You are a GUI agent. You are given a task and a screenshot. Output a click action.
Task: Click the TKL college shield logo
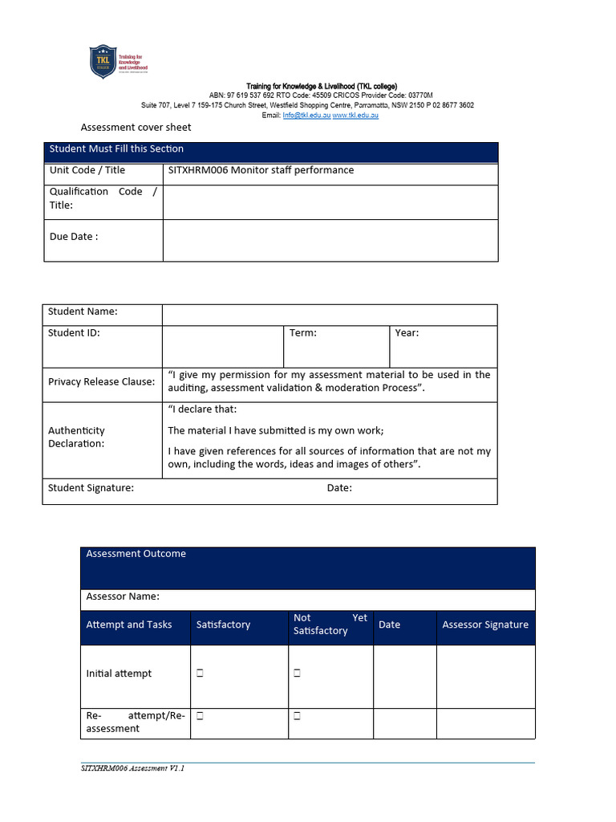(x=102, y=62)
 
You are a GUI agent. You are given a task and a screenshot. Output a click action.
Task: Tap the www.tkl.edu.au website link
(x=355, y=116)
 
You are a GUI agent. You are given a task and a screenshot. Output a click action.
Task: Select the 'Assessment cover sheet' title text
(x=136, y=128)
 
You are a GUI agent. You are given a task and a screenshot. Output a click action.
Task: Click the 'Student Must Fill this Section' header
(x=116, y=149)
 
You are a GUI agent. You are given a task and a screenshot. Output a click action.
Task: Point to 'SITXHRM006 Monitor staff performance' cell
(x=261, y=170)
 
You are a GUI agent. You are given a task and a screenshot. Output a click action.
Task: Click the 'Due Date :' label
(x=74, y=237)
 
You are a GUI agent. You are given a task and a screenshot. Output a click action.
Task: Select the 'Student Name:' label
(x=83, y=311)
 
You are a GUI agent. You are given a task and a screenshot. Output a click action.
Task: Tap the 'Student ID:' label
(x=74, y=332)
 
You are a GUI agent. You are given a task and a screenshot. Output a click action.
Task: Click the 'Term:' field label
(x=303, y=332)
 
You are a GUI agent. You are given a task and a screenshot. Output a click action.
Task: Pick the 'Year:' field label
(x=407, y=332)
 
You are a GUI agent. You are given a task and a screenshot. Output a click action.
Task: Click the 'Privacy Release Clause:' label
(x=101, y=382)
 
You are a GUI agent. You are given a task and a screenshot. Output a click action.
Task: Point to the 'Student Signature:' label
(x=91, y=488)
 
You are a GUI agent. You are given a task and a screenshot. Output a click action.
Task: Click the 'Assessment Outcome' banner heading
(x=136, y=554)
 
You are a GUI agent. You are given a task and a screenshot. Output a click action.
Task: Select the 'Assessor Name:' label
(x=123, y=596)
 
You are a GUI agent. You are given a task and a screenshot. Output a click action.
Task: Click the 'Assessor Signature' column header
(x=485, y=625)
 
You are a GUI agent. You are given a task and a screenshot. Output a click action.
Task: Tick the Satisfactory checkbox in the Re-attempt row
(x=200, y=715)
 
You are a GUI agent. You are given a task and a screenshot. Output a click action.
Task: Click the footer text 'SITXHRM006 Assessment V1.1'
(x=132, y=768)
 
